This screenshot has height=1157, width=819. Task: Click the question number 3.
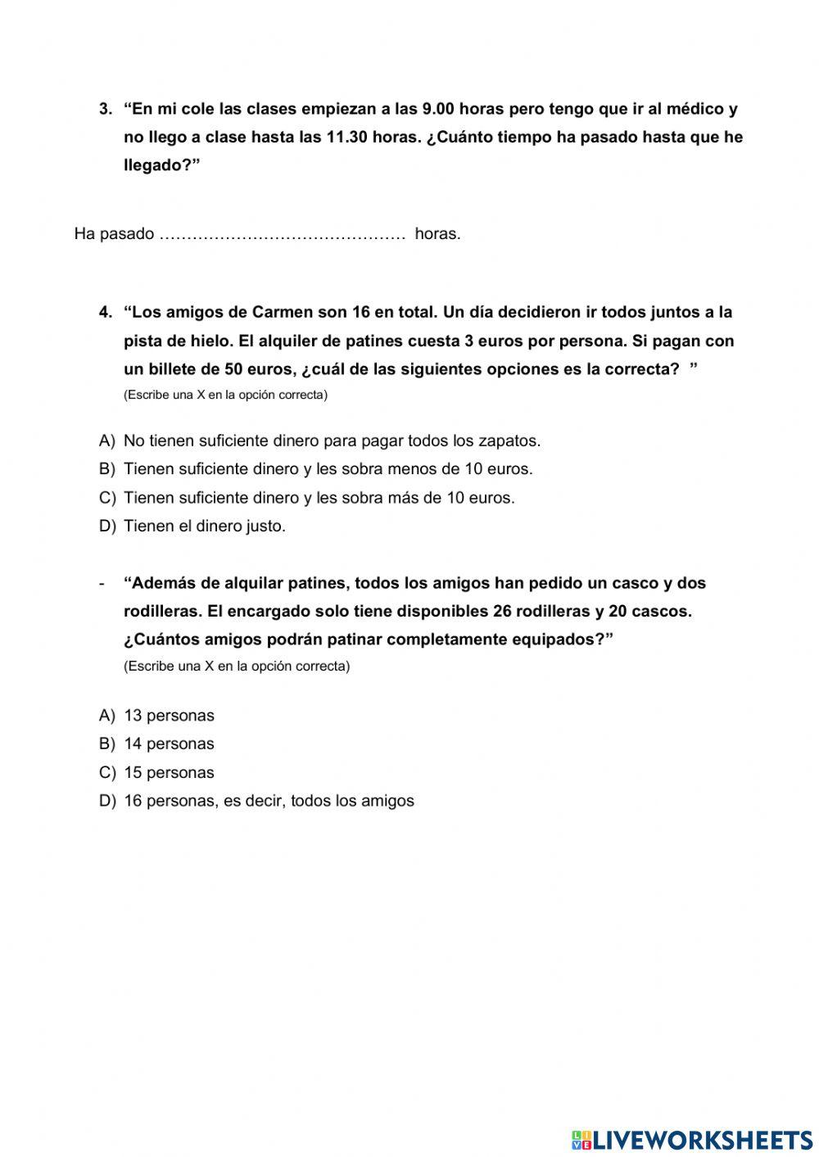pyautogui.click(x=105, y=109)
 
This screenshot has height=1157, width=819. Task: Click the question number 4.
pyautogui.click(x=105, y=312)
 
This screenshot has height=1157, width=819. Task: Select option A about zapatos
pyautogui.click(x=331, y=441)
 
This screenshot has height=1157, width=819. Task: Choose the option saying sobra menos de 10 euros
pyautogui.click(x=328, y=469)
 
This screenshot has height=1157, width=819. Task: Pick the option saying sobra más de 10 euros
pyautogui.click(x=319, y=497)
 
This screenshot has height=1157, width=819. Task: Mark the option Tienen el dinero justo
pyautogui.click(x=204, y=526)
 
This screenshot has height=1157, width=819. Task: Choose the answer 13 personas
pyautogui.click(x=169, y=716)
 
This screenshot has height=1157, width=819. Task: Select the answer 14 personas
pyautogui.click(x=169, y=743)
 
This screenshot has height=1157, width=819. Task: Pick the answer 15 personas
pyautogui.click(x=169, y=772)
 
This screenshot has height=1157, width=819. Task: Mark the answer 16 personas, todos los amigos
pyautogui.click(x=269, y=801)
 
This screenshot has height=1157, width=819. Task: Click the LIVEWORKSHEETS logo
pyautogui.click(x=692, y=1139)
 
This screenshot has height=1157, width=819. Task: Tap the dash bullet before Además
pyautogui.click(x=102, y=583)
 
